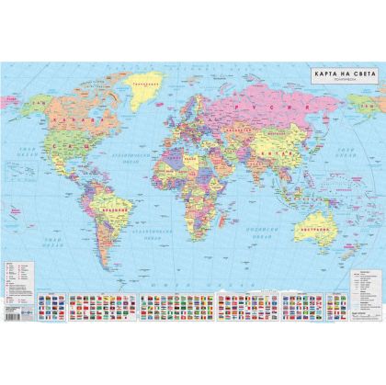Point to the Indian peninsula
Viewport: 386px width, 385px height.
click(250, 175)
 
